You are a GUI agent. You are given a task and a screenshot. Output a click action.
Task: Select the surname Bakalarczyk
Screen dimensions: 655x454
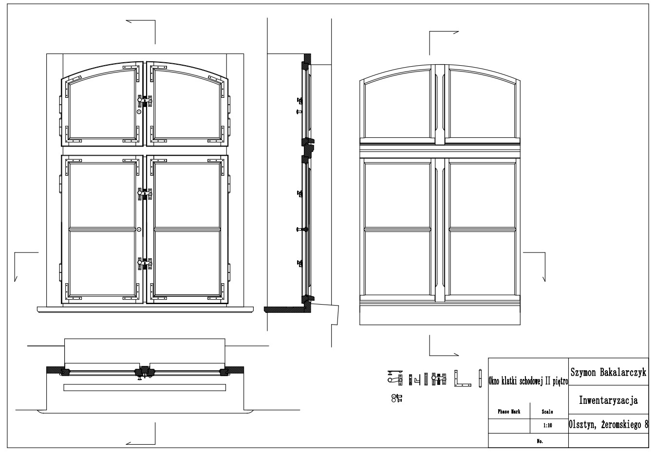click(623, 372)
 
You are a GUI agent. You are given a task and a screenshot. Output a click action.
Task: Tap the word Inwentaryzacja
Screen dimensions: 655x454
click(609, 400)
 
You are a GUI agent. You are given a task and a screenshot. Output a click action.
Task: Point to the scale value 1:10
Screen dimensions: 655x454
click(548, 425)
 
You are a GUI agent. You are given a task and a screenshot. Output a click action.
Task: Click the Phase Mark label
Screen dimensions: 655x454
click(509, 412)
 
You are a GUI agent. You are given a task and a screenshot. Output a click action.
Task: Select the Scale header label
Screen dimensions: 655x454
click(547, 412)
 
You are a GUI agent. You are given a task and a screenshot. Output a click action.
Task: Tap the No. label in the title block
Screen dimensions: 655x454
click(540, 441)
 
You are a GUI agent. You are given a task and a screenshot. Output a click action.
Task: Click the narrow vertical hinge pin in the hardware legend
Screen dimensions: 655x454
click(480, 379)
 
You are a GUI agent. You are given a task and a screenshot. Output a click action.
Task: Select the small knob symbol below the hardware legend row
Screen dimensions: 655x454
click(397, 398)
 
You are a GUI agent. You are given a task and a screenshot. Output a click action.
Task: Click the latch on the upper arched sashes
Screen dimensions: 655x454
click(145, 101)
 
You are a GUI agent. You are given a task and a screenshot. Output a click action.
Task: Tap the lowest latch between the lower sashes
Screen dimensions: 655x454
click(145, 264)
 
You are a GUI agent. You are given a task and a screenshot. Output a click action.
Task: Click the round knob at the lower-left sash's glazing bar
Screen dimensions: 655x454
click(139, 230)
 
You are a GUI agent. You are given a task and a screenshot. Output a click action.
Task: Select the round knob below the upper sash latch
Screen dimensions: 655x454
click(139, 112)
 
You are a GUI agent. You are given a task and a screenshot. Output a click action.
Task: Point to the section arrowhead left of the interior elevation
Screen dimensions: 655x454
click(16, 279)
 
